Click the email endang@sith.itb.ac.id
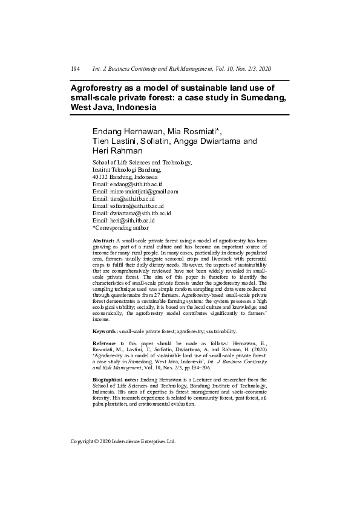136,184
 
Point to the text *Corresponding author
120,228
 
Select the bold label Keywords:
105,331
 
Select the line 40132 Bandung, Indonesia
125,177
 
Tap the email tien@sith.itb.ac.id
131,199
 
